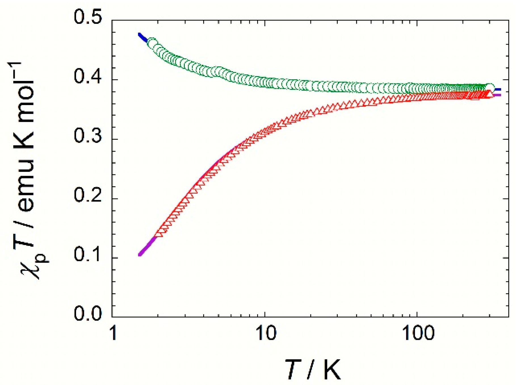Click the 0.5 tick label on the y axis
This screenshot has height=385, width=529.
[88, 17]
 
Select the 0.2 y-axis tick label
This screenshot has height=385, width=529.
[88, 196]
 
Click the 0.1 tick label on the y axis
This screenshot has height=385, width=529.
[88, 255]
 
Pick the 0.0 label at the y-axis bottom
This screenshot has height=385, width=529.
[88, 314]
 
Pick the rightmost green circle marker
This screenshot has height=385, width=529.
[490, 88]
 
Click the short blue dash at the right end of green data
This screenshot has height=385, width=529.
[498, 89]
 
